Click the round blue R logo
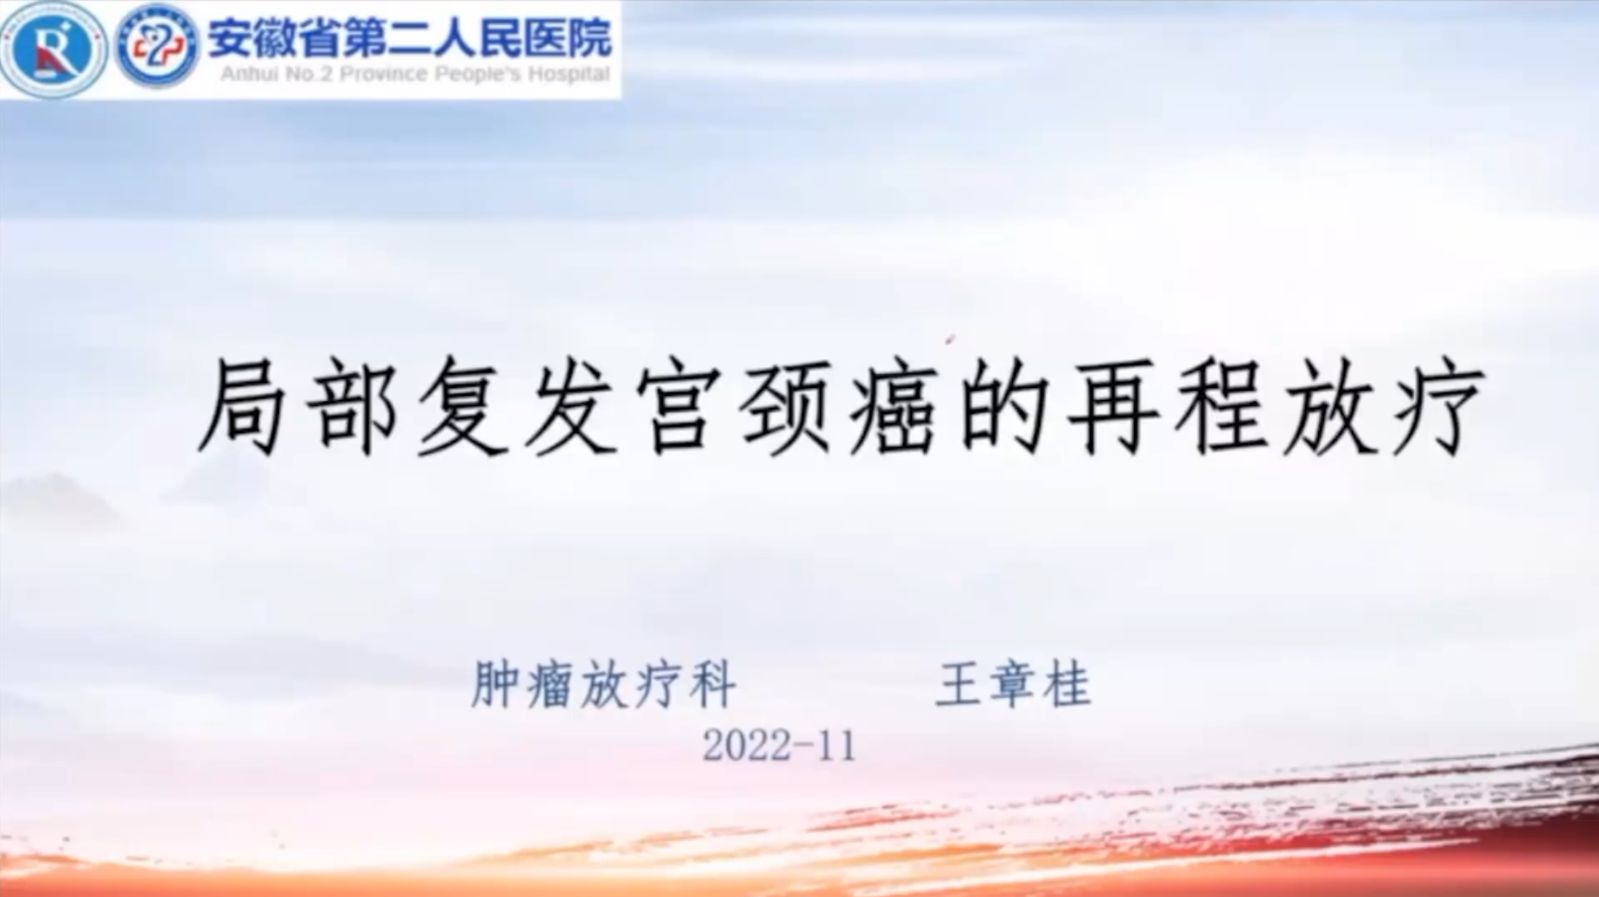click(54, 48)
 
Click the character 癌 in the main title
click(894, 406)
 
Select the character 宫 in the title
click(677, 406)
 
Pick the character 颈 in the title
click(786, 406)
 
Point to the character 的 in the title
click(1003, 406)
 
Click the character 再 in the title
click(1112, 406)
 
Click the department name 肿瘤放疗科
click(603, 684)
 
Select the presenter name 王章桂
click(1013, 684)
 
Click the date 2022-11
click(779, 745)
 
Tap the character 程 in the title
click(1221, 406)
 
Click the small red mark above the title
click(951, 340)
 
